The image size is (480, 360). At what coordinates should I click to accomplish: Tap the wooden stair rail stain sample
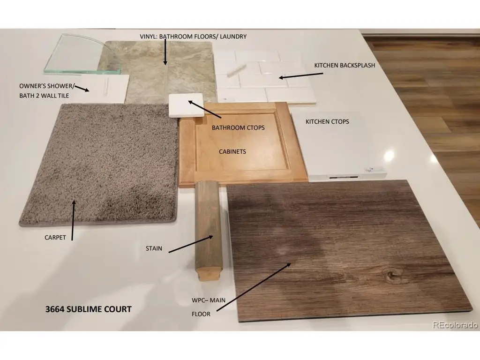[209, 230]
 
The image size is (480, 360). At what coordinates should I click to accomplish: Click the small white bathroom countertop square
[187, 105]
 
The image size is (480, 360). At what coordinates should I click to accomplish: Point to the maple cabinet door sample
[243, 144]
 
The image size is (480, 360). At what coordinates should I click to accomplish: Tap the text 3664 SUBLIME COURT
[89, 309]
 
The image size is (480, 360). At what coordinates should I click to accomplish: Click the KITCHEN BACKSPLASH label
[345, 65]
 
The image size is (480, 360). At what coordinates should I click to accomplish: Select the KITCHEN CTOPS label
[327, 121]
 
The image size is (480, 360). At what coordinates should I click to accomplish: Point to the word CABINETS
[232, 151]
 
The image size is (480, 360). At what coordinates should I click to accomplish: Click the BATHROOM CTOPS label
[238, 127]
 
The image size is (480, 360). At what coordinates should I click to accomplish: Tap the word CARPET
[55, 238]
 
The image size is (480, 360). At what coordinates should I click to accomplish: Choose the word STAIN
[154, 248]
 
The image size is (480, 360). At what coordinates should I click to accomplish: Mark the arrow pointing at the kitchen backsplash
[301, 75]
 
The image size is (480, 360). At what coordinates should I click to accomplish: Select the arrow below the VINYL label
[165, 52]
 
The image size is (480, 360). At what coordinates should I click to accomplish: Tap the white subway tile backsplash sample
[266, 76]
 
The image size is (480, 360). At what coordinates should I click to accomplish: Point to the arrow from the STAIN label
[191, 244]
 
